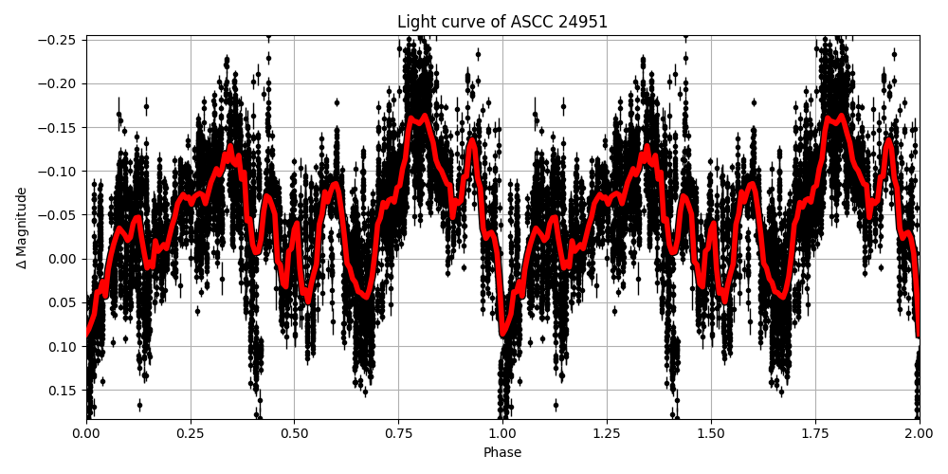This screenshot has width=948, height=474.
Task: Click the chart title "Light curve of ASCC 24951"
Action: coord(502,22)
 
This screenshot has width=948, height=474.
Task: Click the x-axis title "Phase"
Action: coord(502,453)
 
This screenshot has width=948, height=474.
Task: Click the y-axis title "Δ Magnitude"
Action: coord(22,228)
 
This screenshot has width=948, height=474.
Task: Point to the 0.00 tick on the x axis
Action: coord(86,434)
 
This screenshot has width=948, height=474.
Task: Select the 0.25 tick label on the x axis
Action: coord(190,434)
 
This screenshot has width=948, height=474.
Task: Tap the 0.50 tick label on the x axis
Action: coord(294,434)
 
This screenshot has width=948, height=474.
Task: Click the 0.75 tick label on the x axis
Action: coord(398,434)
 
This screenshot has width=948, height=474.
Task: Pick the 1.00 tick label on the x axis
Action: coord(502,434)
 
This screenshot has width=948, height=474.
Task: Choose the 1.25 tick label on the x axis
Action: coord(607,434)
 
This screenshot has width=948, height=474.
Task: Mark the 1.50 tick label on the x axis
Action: coord(711,434)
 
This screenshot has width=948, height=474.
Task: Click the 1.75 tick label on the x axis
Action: coord(815,434)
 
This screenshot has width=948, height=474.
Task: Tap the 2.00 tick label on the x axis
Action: coord(919,434)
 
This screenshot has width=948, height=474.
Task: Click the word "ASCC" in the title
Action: coord(528,22)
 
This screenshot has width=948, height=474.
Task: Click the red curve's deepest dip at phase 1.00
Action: coord(504,333)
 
